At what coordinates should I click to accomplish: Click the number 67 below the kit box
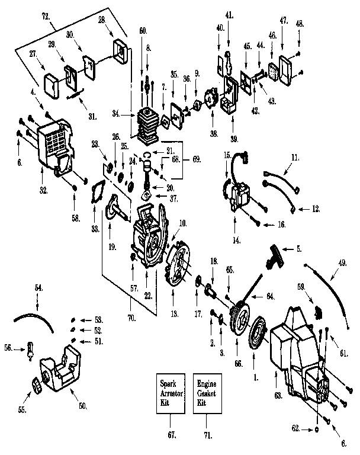tap(172, 435)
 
